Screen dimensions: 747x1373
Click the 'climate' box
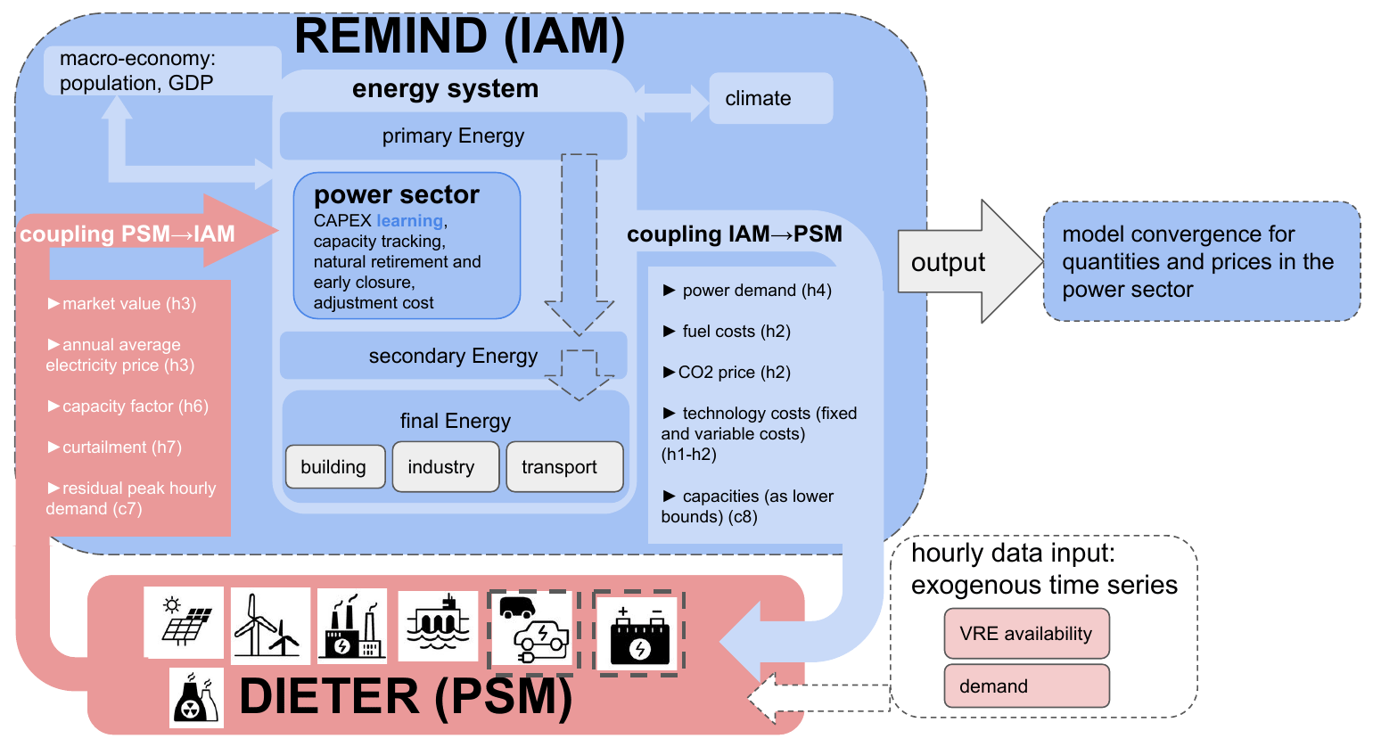(x=770, y=98)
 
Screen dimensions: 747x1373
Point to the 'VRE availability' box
(x=1026, y=634)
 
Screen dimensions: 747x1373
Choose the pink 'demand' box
(x=1026, y=686)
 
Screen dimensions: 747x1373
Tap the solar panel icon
(x=185, y=622)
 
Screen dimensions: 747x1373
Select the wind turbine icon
(x=269, y=625)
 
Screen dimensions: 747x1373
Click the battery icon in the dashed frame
(x=638, y=634)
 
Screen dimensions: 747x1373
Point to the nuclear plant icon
(x=196, y=698)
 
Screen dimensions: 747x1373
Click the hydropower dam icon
(x=437, y=625)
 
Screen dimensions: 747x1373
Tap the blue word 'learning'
(x=409, y=221)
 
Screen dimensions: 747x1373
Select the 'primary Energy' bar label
(x=453, y=136)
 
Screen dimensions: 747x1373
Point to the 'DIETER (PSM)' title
(x=406, y=697)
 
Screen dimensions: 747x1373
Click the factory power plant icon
(x=353, y=625)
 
